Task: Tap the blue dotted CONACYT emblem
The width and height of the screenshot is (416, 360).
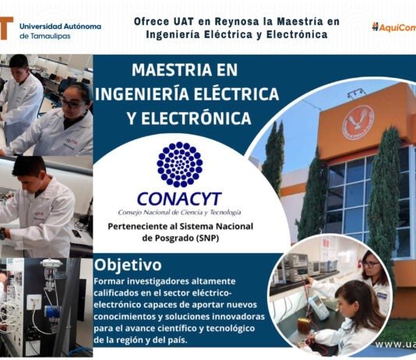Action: pyautogui.click(x=179, y=164)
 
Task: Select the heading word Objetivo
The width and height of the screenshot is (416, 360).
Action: pyautogui.click(x=129, y=265)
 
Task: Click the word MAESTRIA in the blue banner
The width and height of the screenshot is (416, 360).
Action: pyautogui.click(x=169, y=72)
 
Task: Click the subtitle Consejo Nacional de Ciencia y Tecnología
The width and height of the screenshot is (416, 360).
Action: pyautogui.click(x=179, y=212)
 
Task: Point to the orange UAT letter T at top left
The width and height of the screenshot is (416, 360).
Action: pyautogui.click(x=6, y=29)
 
